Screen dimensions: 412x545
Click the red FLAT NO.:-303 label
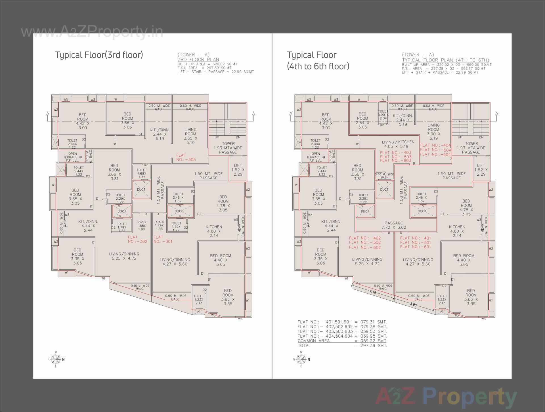186,157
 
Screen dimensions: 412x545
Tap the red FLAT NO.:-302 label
137,239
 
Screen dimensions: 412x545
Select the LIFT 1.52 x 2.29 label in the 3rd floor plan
238,170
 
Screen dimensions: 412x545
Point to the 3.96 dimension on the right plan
413,304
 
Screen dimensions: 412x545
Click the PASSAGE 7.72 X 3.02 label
393,225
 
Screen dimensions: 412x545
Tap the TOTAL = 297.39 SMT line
342,346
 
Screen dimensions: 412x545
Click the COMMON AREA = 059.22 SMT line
342,341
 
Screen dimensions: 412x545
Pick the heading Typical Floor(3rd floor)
99,55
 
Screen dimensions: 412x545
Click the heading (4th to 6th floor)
318,66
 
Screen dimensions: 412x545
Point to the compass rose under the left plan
56,359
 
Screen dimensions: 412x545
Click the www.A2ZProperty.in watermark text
92,32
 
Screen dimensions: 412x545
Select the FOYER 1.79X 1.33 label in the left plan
159,225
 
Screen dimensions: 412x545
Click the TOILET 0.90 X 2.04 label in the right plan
383,115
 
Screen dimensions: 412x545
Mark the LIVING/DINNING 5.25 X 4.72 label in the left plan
124,256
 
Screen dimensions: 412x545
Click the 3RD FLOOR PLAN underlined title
198,60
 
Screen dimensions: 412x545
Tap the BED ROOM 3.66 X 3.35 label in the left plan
228,297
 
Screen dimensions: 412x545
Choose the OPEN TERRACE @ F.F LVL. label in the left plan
72,157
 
